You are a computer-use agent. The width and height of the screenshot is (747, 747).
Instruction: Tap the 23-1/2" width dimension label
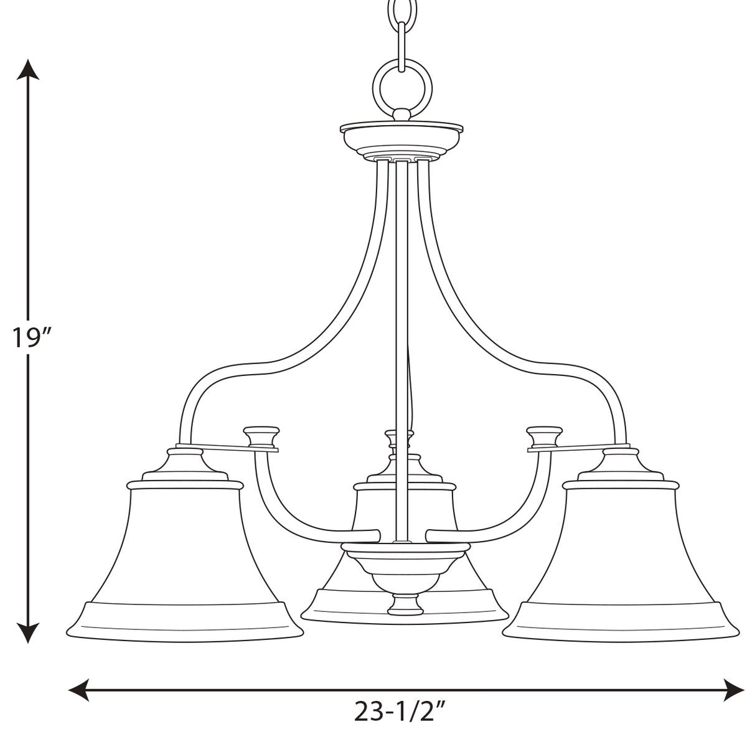pyautogui.click(x=399, y=722)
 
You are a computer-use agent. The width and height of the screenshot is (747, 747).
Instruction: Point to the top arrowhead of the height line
pyautogui.click(x=28, y=69)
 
